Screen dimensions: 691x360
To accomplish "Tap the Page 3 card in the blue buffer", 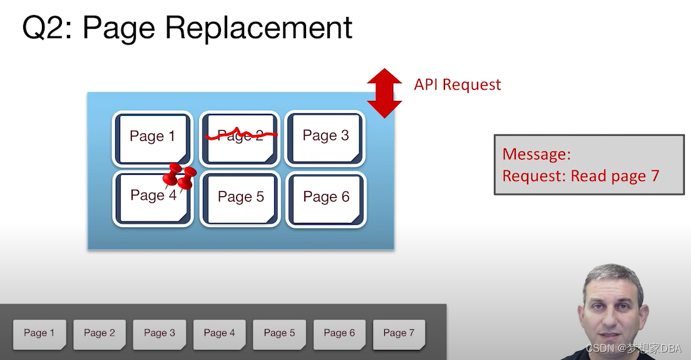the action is pyautogui.click(x=325, y=138).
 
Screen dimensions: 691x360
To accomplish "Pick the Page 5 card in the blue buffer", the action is pyautogui.click(x=240, y=199).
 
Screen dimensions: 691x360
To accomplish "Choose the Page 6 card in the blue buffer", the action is pyautogui.click(x=326, y=199).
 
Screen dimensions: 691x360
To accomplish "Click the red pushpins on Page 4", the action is pyautogui.click(x=180, y=175).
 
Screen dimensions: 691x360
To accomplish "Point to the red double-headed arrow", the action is pyautogui.click(x=384, y=93).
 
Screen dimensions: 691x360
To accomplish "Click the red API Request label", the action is pyautogui.click(x=458, y=84).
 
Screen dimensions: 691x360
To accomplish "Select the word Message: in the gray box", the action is pyautogui.click(x=536, y=154).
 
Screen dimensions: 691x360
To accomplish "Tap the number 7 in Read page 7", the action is pyautogui.click(x=655, y=176).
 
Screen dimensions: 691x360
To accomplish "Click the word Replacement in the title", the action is pyautogui.click(x=258, y=28).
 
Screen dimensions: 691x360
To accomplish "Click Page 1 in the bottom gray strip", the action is pyautogui.click(x=39, y=334).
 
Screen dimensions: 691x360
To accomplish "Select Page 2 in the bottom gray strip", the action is pyautogui.click(x=99, y=334).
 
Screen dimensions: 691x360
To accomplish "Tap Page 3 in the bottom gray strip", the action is pyautogui.click(x=159, y=334).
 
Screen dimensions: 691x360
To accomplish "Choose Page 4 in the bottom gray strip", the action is pyautogui.click(x=219, y=334).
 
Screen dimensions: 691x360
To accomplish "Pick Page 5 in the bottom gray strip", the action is pyautogui.click(x=279, y=334).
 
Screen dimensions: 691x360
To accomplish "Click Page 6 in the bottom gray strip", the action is pyautogui.click(x=339, y=334).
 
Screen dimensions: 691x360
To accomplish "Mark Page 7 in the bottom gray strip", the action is pyautogui.click(x=399, y=334).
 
